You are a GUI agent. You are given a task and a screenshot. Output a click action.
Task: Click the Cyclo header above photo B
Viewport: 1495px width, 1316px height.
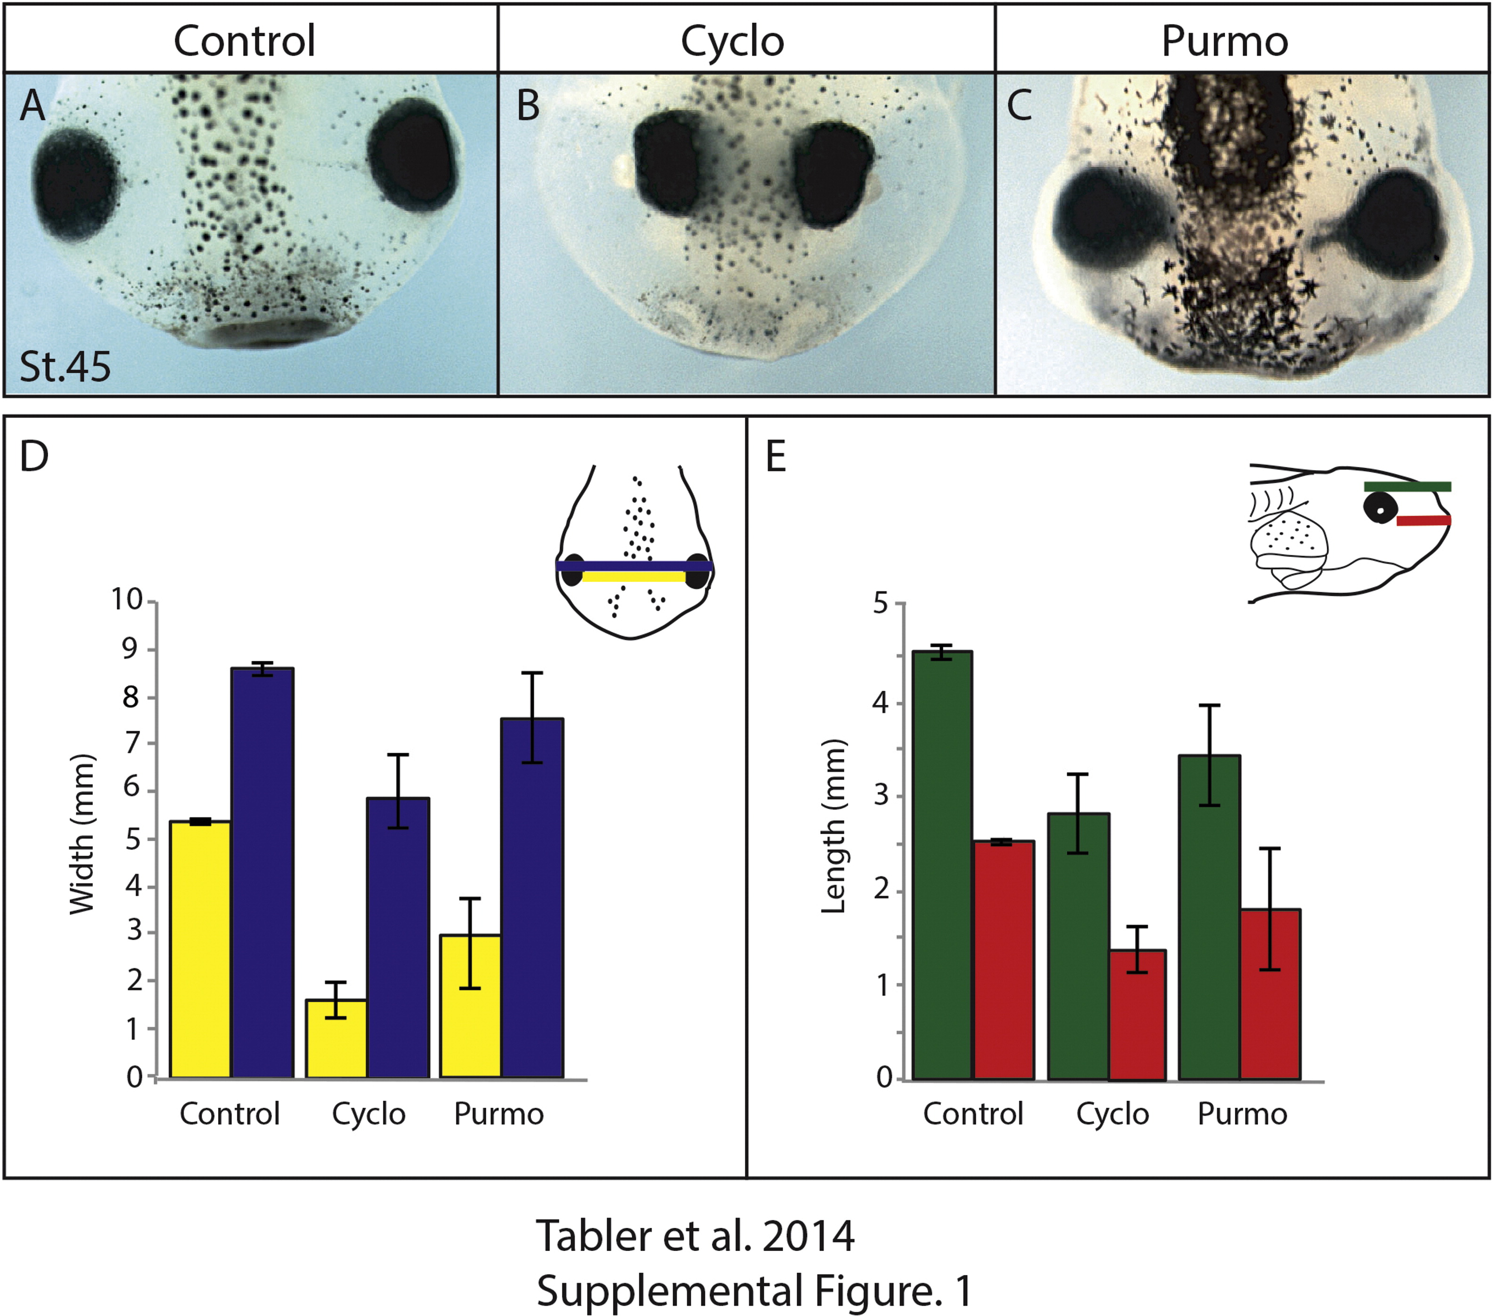click(x=732, y=41)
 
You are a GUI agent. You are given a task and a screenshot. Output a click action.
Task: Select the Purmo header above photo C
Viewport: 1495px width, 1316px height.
click(x=1225, y=41)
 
